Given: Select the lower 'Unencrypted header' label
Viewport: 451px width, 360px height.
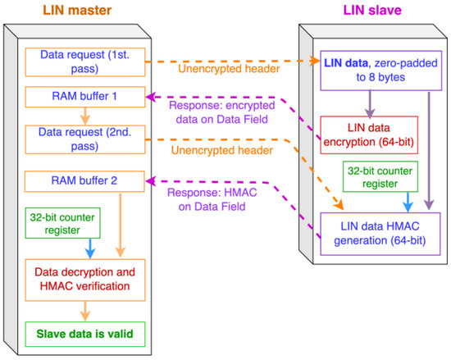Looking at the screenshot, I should (232, 150).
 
